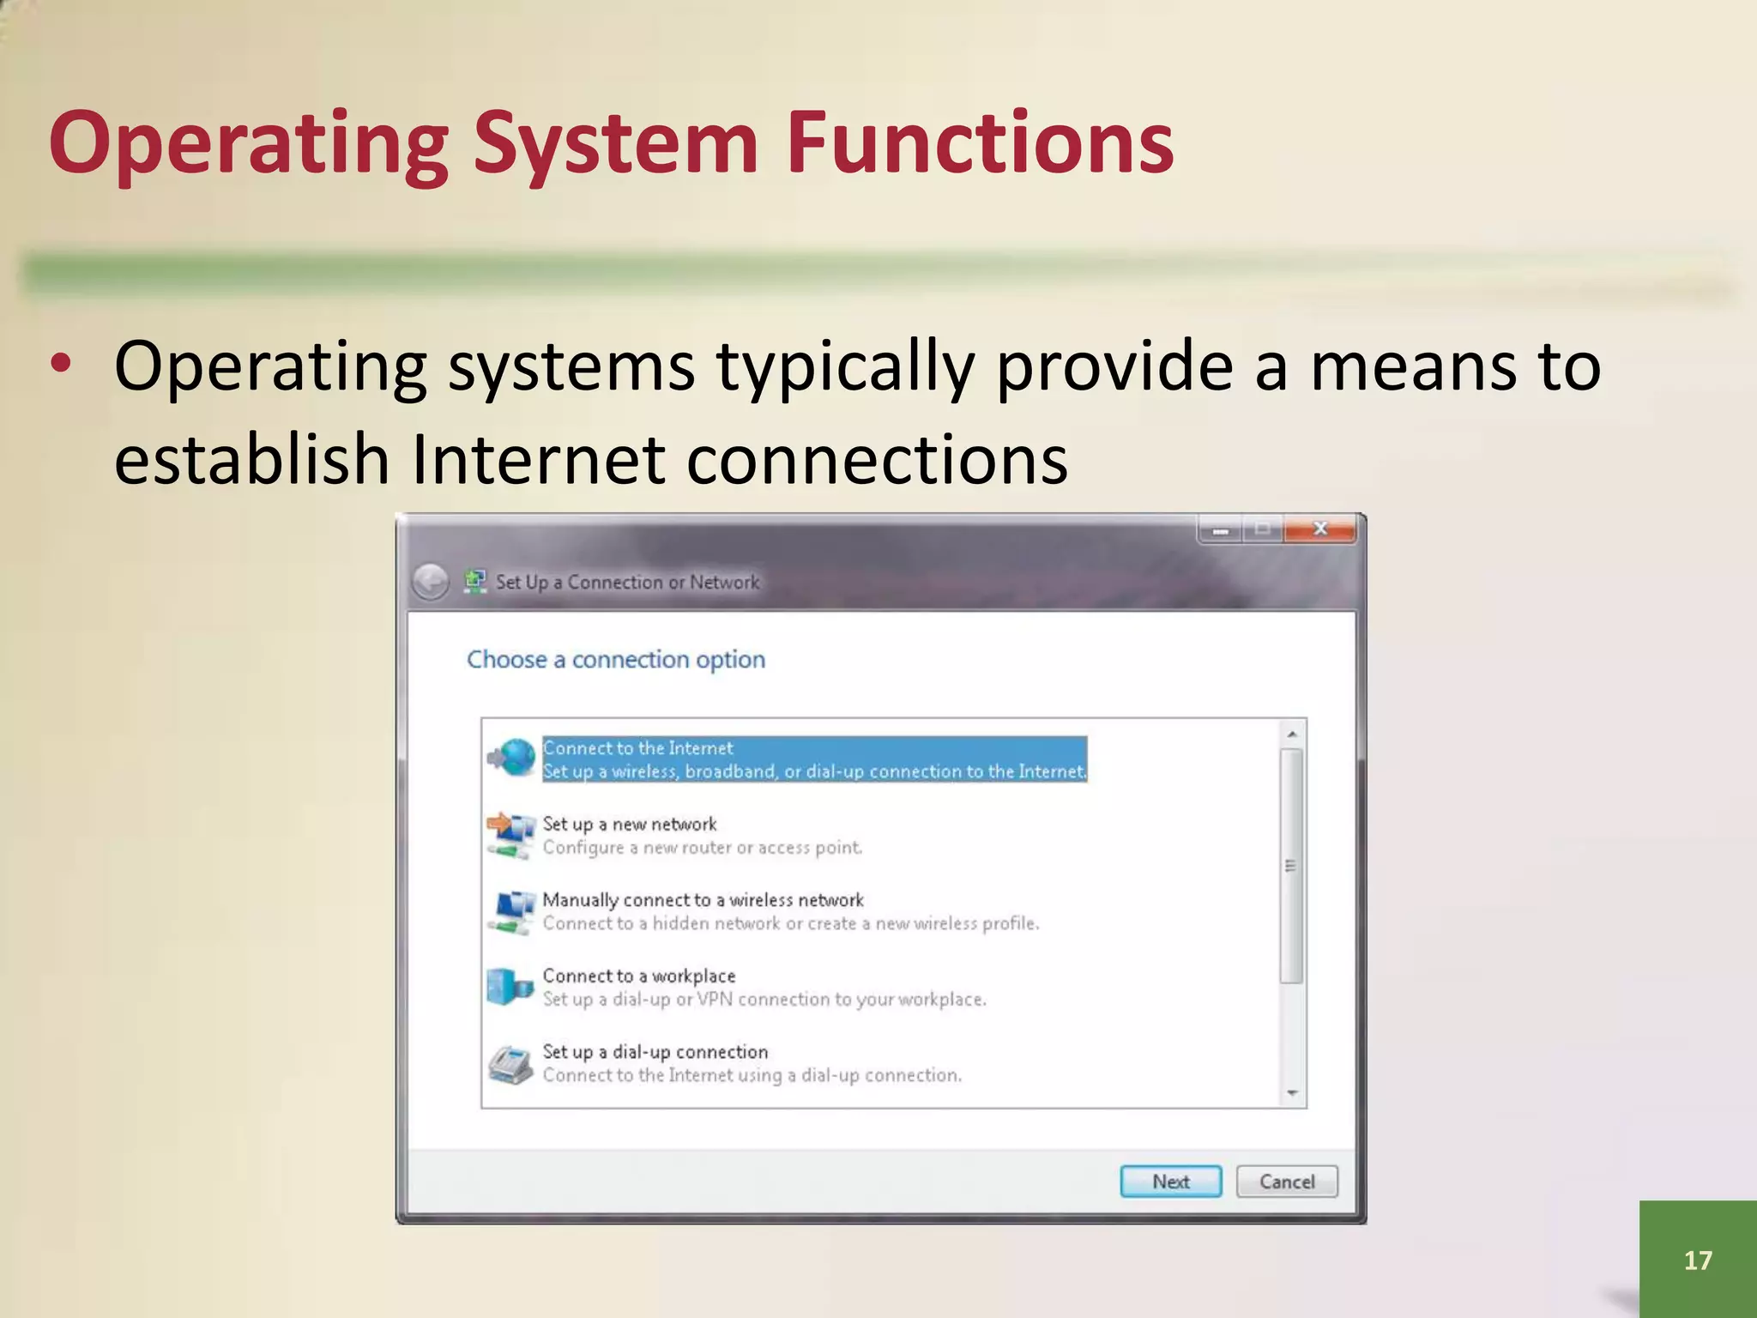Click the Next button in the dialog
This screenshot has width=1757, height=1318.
point(1170,1182)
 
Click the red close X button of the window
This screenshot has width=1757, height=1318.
point(1320,529)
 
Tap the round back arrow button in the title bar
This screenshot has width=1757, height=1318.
point(430,582)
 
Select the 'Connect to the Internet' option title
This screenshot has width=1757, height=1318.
point(637,748)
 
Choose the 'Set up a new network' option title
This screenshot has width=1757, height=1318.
point(629,824)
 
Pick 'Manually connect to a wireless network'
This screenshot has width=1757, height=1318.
point(703,900)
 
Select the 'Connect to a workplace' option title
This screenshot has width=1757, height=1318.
point(638,976)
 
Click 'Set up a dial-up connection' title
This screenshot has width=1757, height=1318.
point(655,1052)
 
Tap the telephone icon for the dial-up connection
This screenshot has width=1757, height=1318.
point(510,1064)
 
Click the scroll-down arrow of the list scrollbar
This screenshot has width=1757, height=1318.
point(1292,1093)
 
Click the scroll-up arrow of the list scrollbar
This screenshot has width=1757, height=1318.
point(1292,735)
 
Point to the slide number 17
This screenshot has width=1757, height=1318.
point(1697,1260)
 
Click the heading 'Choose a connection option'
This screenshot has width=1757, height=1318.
point(615,659)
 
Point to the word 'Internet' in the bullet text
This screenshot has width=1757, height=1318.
point(538,459)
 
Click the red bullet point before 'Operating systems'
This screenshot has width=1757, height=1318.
point(60,364)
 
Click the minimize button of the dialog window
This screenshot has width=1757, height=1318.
point(1220,530)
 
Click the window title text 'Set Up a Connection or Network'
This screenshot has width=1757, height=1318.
point(627,582)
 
